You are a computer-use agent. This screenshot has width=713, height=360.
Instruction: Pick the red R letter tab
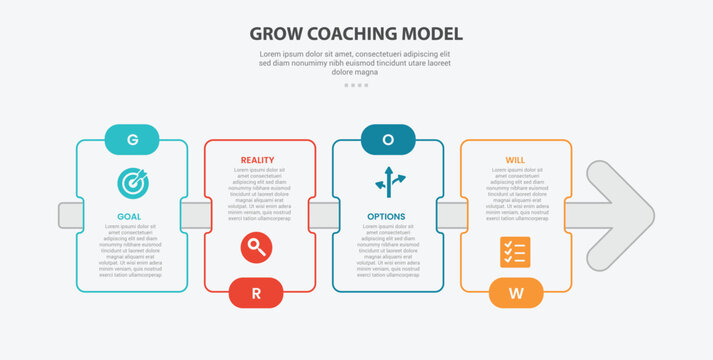(x=256, y=292)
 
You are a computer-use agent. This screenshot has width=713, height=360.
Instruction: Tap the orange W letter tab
(x=516, y=292)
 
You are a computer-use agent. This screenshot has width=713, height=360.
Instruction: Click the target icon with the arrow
(x=132, y=183)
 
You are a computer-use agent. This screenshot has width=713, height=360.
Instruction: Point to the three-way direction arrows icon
(x=389, y=182)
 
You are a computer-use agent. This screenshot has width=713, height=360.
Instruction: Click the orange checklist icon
(x=514, y=252)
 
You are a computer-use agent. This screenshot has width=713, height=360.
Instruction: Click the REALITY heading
(x=257, y=160)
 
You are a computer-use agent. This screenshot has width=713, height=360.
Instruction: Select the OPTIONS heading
(x=386, y=216)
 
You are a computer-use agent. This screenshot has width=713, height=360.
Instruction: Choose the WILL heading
(x=515, y=160)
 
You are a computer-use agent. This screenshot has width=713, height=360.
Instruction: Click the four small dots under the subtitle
(x=356, y=85)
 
